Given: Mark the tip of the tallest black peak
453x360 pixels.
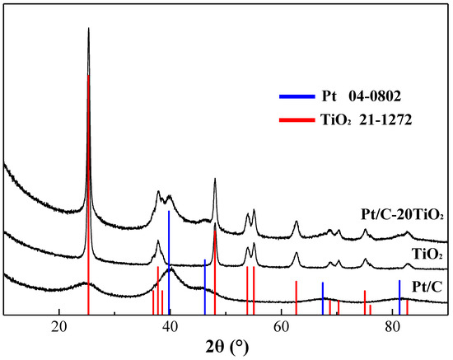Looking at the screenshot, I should pos(88,29).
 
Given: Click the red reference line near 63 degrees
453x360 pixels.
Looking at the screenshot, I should pos(296,297).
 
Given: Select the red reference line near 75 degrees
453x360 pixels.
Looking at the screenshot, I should pos(365,302).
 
